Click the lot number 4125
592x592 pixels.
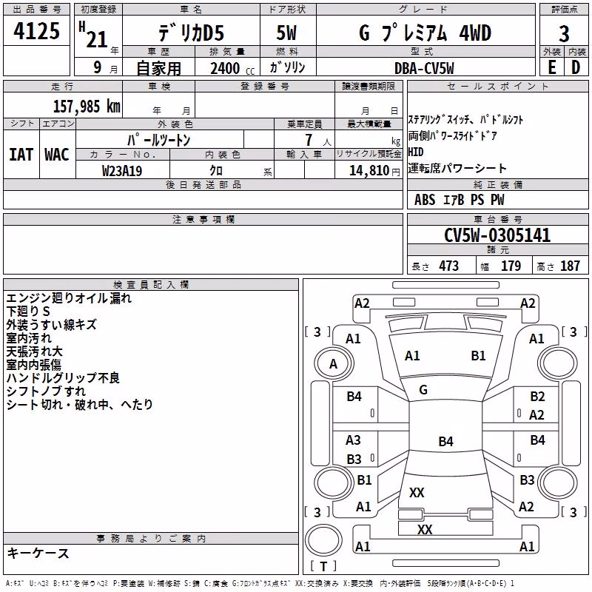(x=36, y=31)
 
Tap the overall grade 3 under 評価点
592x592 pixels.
(x=564, y=33)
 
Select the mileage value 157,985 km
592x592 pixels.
(x=87, y=107)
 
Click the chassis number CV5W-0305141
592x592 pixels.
(x=497, y=235)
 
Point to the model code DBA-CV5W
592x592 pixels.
(x=424, y=68)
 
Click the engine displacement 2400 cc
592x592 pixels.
(x=232, y=68)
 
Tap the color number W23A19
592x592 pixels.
(x=122, y=171)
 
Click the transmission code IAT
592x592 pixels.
(x=21, y=155)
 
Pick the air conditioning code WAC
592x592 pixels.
(x=57, y=155)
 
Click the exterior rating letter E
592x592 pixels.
(x=551, y=67)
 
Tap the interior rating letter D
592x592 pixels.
(x=576, y=67)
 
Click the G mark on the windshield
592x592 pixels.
(x=423, y=390)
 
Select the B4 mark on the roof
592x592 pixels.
(x=446, y=441)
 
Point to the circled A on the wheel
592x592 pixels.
(x=333, y=364)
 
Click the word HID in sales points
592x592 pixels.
(x=416, y=152)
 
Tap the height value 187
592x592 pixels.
(x=570, y=266)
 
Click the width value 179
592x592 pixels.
(x=511, y=266)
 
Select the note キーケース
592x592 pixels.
(x=38, y=553)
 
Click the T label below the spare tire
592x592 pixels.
(x=323, y=566)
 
